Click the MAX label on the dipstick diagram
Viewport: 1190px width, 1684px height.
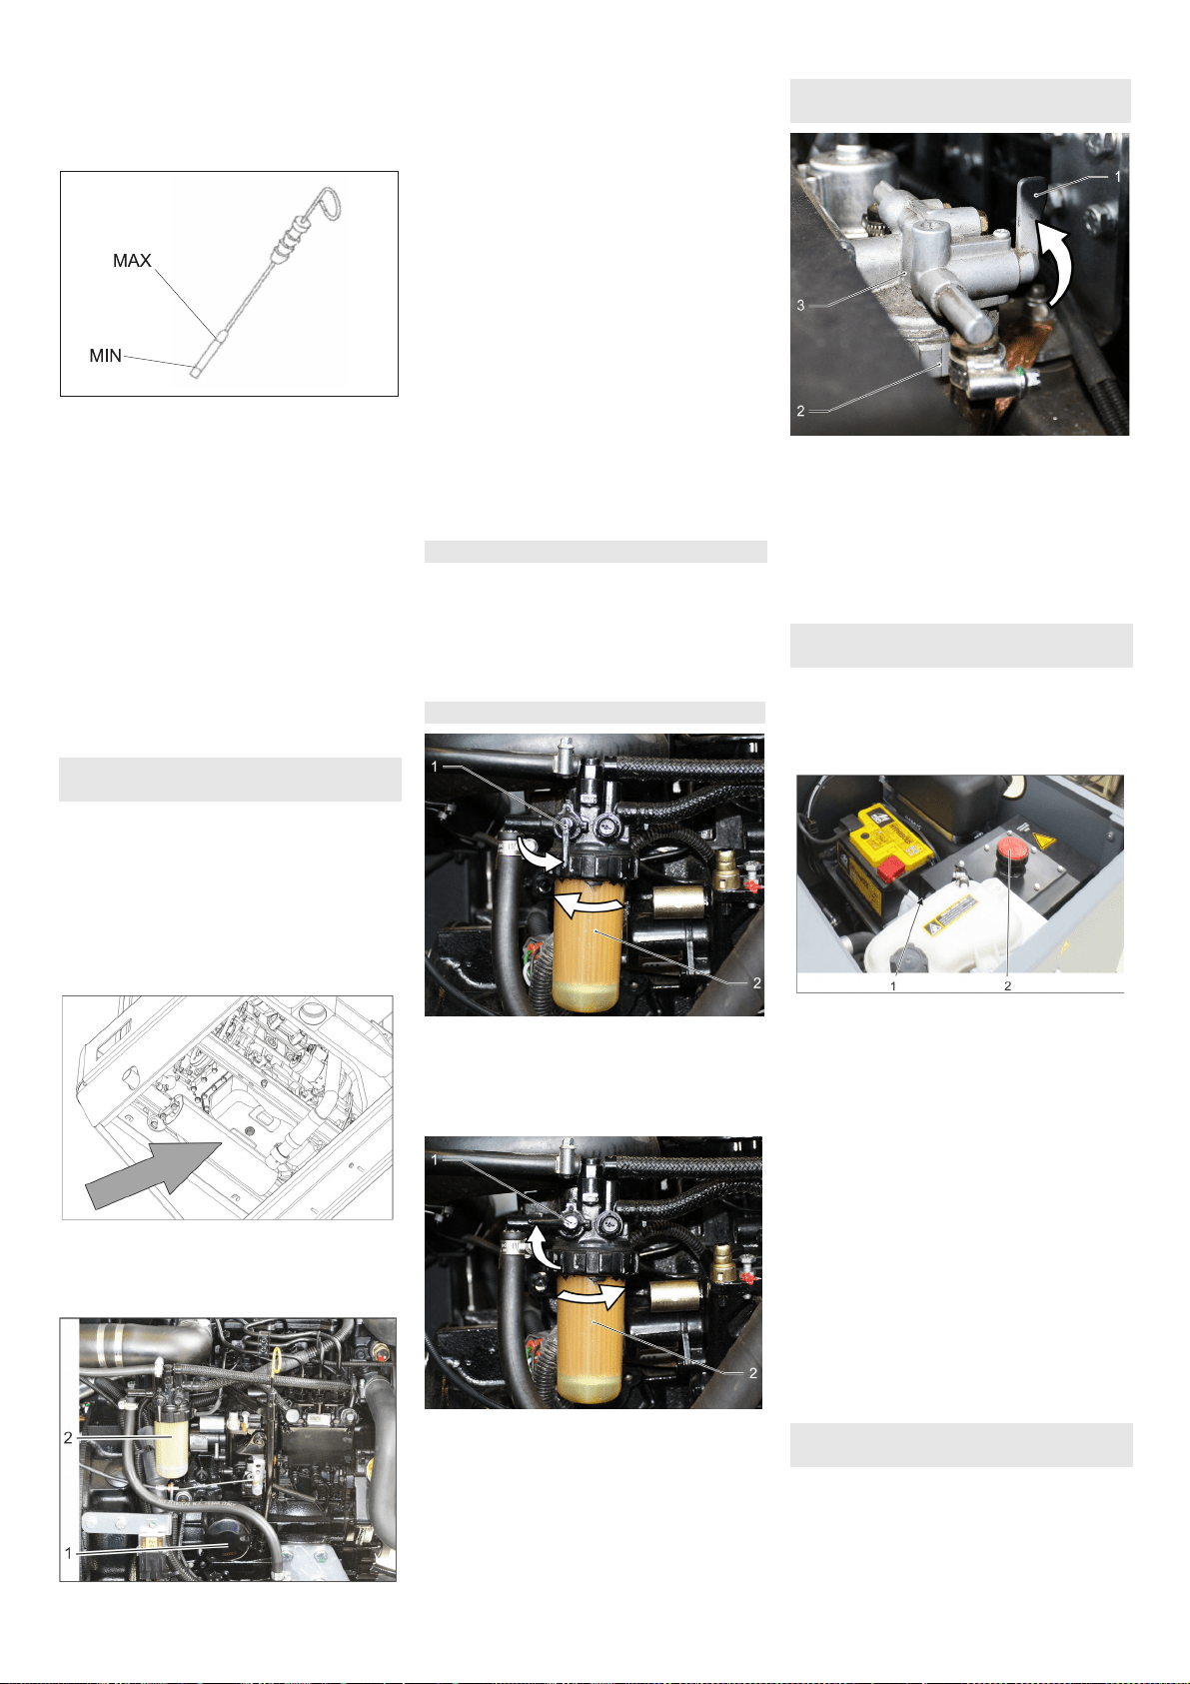point(132,260)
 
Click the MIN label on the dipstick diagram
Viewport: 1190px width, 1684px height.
point(105,356)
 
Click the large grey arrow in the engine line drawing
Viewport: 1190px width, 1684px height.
point(153,1175)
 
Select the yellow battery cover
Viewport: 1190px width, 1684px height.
point(890,832)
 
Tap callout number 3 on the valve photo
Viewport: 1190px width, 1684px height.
point(800,305)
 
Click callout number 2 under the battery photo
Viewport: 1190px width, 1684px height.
point(1007,985)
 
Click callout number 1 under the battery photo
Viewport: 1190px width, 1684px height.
point(893,985)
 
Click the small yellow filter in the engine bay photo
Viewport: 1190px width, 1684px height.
point(172,1443)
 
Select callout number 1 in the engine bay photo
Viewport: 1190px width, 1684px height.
point(68,1553)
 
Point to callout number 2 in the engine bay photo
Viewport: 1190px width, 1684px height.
point(68,1437)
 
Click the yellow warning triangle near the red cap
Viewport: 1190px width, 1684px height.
point(1043,840)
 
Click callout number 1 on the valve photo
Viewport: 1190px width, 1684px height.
point(1118,176)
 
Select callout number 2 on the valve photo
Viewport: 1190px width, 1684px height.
point(800,411)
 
